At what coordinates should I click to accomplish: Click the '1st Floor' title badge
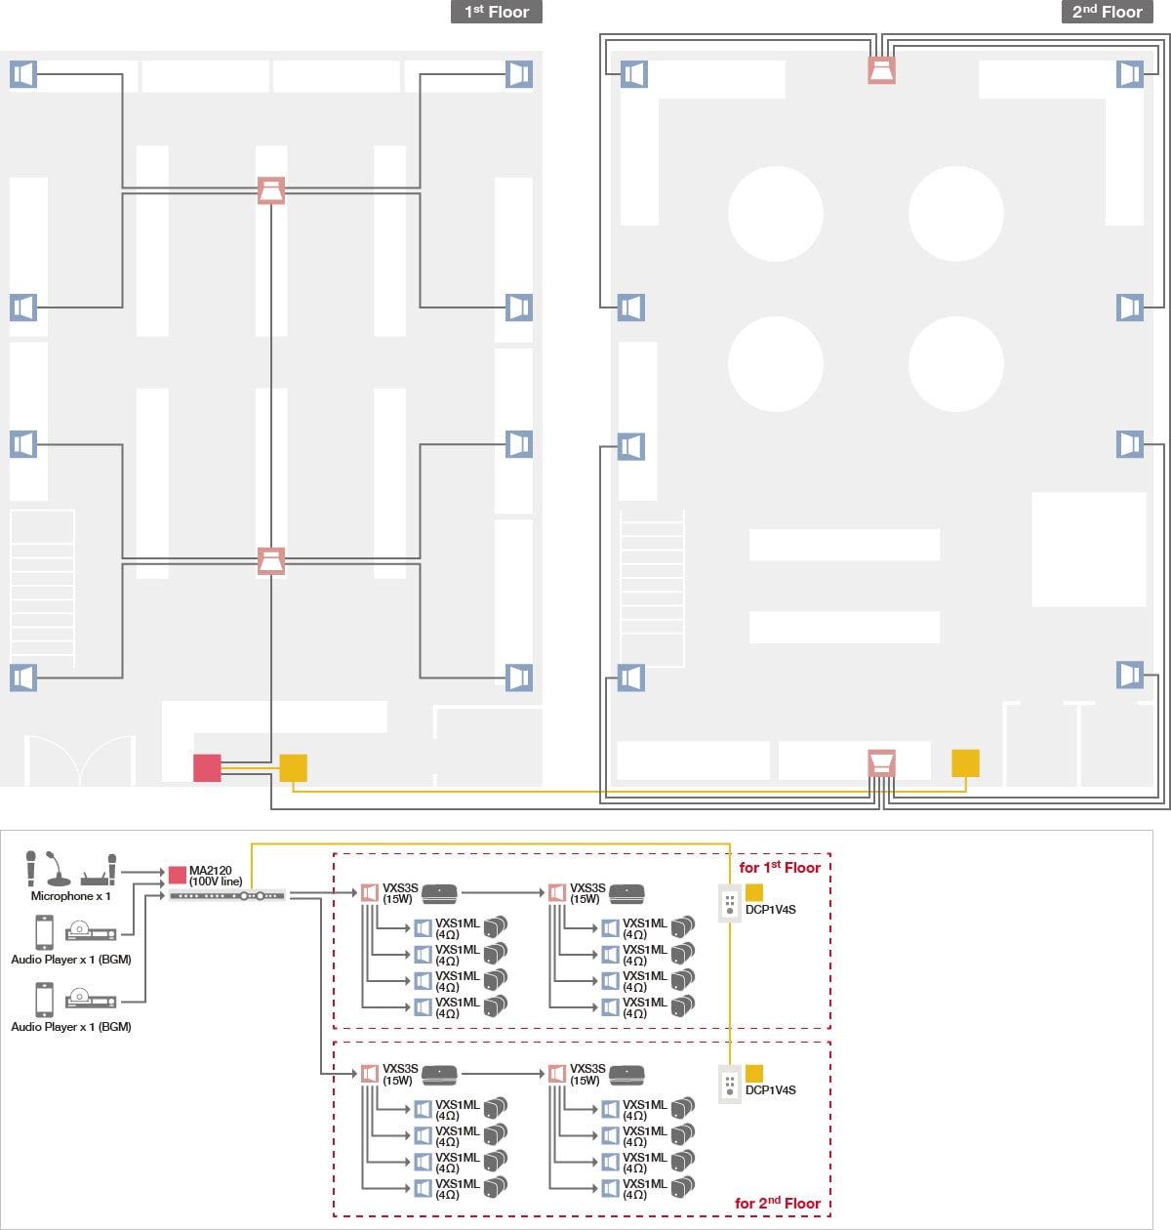[496, 12]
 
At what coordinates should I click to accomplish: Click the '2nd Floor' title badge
[1108, 12]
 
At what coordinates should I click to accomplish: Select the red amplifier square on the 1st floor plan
[207, 767]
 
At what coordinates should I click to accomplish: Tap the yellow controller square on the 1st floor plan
[294, 767]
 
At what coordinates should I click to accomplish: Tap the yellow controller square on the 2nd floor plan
[965, 763]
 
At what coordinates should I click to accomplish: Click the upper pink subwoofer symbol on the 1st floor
[271, 190]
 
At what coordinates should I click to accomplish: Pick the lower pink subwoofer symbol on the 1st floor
[271, 561]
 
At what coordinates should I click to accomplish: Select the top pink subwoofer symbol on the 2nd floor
[881, 70]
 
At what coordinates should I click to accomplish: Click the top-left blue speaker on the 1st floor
[23, 74]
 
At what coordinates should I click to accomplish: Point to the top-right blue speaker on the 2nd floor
[1130, 74]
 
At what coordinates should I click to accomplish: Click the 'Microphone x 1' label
[70, 896]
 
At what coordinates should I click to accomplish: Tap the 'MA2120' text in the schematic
[210, 870]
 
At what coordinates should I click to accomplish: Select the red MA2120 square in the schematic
[177, 875]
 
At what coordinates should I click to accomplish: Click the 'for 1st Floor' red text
[780, 867]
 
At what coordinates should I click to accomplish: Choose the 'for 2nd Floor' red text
[778, 1203]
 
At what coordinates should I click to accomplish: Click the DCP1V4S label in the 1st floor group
[770, 910]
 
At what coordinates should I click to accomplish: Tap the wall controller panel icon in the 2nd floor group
[729, 1085]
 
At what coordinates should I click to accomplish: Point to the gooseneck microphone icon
[58, 869]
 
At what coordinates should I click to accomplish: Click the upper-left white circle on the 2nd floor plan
[776, 214]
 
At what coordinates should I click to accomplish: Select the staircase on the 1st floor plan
[43, 589]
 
